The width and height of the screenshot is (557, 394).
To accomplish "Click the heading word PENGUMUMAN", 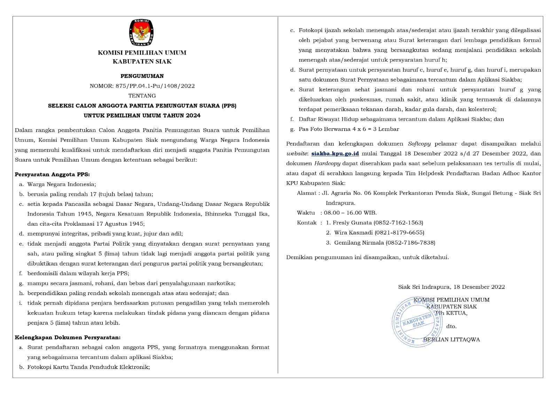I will pos(142,76).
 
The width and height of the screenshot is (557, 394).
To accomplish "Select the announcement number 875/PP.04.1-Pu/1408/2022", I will pos(155,86).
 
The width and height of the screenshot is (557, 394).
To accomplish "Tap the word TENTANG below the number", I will pos(142,96).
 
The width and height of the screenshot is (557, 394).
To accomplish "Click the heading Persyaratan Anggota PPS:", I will pos(52,175).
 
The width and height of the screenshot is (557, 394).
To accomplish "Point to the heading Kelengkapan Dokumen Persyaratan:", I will pos(68,338).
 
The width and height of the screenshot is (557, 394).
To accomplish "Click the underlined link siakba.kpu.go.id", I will pos(335,154).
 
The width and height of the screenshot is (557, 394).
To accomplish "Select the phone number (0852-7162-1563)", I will pos(398,223).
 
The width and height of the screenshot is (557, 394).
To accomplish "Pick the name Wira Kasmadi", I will pos(353,233).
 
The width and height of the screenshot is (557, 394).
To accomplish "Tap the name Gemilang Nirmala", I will pos(359,243).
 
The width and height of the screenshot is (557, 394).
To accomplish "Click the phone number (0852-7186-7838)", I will pos(410,243).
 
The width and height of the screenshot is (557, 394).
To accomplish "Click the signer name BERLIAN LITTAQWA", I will pos(452,340).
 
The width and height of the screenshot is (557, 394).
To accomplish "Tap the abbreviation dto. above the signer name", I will pos(451,327).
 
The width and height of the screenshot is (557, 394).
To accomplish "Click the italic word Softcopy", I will pos(419,144).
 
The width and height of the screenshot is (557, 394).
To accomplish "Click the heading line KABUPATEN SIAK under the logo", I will pos(142,62).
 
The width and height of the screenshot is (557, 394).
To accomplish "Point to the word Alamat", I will pos(306,193).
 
